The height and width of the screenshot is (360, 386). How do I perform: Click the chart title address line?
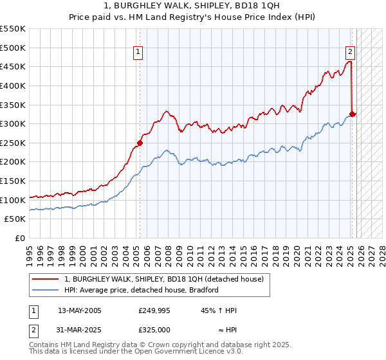tap(193, 5)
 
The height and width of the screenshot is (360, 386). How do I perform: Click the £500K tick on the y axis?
tap(13, 48)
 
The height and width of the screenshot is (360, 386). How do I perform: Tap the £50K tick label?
tap(15, 219)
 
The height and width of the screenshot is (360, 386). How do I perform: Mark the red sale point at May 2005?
tap(140, 143)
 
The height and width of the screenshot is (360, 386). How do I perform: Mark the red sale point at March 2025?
tap(352, 114)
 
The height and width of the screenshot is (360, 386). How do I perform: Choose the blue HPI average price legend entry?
tap(142, 290)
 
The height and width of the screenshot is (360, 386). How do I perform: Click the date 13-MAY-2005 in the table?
tap(80, 310)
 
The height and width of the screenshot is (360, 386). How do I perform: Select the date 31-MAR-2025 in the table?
tap(80, 329)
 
